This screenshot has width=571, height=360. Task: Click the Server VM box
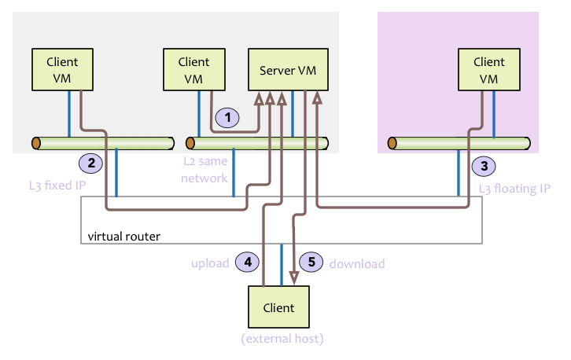(x=288, y=70)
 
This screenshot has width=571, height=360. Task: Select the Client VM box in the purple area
(x=489, y=69)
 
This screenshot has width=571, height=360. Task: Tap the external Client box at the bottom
(x=278, y=307)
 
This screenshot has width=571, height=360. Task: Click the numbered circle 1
(x=227, y=118)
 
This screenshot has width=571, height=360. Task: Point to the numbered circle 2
(x=91, y=163)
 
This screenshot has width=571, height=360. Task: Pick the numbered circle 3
(x=484, y=166)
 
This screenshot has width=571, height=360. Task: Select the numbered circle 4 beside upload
(x=248, y=263)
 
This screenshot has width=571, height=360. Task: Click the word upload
(x=210, y=263)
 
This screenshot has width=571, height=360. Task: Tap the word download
(x=356, y=264)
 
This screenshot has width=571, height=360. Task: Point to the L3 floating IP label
(x=514, y=189)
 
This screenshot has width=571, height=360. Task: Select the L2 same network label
(x=205, y=170)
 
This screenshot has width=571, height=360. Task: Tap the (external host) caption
(x=282, y=340)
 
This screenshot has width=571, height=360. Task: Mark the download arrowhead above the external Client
(x=294, y=277)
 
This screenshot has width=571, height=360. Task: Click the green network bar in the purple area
(x=457, y=144)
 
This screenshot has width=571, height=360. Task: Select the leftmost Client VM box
(x=62, y=69)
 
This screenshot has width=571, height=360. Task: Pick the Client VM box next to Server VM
(x=193, y=69)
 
